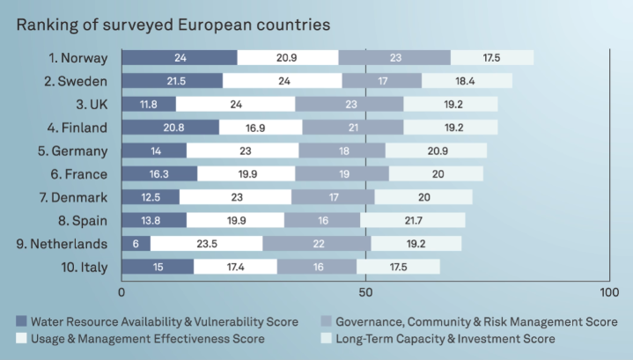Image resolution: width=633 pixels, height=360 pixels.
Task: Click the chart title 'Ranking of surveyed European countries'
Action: coord(173,24)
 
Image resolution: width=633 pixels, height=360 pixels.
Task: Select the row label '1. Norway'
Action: coord(78,58)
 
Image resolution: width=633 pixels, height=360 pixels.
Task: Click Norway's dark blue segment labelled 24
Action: coord(179,58)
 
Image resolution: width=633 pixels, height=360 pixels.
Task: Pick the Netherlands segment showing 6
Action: coord(136,242)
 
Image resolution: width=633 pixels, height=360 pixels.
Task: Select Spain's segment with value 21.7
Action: coord(413,219)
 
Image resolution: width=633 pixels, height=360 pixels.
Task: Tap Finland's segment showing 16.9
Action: coord(261,127)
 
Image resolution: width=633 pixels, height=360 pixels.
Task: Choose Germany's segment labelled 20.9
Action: coord(436,150)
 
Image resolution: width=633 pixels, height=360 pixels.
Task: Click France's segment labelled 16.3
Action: coord(159,173)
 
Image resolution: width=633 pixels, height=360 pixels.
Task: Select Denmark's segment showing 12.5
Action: coord(151,196)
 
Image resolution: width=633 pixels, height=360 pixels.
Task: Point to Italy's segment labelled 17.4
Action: coord(235,265)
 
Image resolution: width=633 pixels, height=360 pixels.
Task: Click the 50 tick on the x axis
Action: coord(365,290)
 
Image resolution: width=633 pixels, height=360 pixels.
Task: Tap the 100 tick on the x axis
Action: coord(608,290)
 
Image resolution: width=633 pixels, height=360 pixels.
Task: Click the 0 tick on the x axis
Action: coord(121,290)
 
